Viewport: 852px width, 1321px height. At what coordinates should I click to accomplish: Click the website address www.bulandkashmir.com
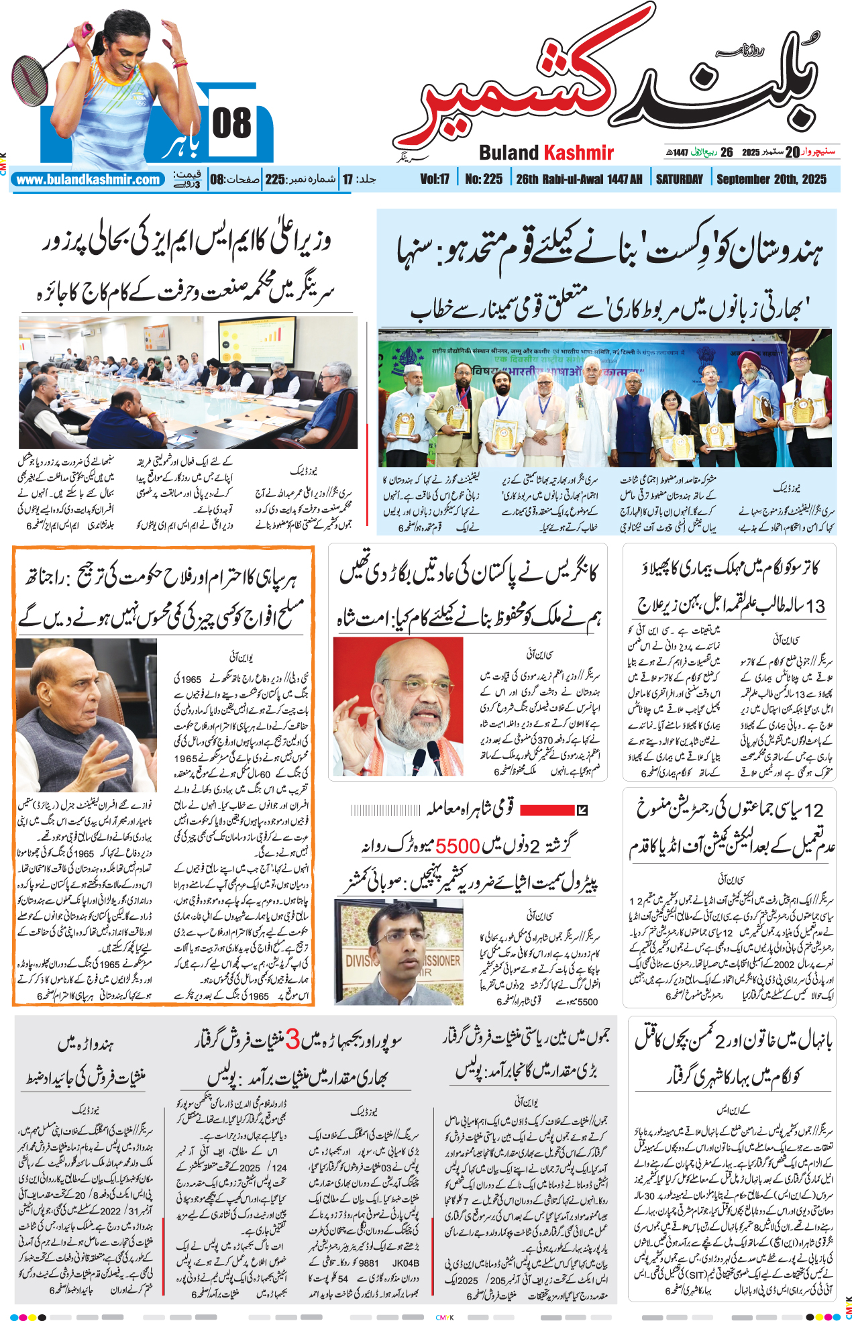click(88, 180)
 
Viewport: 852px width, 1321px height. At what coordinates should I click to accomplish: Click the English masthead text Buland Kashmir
click(546, 153)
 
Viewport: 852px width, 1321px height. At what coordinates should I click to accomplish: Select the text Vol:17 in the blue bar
click(434, 179)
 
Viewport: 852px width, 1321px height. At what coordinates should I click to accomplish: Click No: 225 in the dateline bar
click(483, 179)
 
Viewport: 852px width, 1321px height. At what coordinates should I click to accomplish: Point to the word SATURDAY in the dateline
click(679, 179)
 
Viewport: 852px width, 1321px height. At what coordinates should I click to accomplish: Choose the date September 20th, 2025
click(771, 179)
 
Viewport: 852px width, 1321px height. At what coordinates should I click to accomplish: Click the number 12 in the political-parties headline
click(813, 810)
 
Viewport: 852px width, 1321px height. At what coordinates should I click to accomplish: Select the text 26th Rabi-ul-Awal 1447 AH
click(579, 179)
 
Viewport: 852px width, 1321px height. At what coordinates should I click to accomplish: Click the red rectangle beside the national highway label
click(547, 810)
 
